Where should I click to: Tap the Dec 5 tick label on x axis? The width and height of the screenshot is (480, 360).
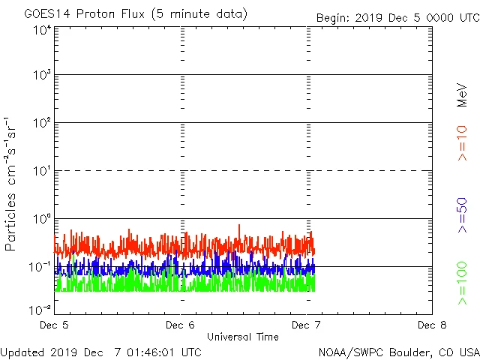click(55, 325)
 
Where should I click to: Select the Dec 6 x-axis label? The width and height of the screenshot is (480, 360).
click(180, 325)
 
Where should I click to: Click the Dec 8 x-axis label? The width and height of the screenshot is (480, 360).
click(427, 325)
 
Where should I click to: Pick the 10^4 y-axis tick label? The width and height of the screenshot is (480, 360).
click(41, 30)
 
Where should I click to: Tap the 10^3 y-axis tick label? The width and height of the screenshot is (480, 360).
click(41, 76)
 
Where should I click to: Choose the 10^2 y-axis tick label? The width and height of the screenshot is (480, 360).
click(41, 124)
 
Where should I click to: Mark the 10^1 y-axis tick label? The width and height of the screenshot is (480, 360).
click(41, 172)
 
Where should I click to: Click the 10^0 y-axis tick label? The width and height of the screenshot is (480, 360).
click(41, 220)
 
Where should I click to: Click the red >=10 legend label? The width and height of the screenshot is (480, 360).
click(462, 142)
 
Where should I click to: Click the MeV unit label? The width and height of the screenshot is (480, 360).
click(462, 95)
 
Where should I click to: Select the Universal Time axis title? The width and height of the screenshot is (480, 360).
click(242, 337)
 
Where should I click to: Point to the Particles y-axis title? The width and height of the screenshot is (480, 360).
click(12, 184)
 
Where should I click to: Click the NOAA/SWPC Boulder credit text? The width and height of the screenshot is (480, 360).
click(398, 352)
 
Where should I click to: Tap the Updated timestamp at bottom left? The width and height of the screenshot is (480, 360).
click(100, 352)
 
